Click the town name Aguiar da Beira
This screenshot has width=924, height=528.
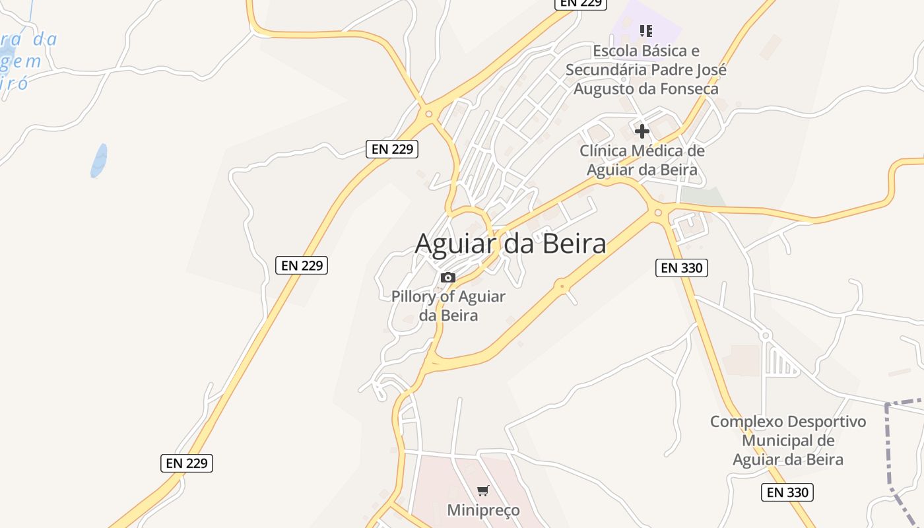(510, 244)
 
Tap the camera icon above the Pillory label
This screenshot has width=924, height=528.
(448, 277)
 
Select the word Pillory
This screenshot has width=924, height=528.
(414, 296)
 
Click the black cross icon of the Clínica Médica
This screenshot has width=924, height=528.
(642, 131)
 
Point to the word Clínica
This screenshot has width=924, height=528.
(603, 151)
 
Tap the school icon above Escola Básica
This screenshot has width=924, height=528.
(646, 30)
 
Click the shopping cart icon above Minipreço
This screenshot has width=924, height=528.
(483, 490)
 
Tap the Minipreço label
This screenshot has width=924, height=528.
(483, 510)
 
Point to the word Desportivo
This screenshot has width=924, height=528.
(827, 422)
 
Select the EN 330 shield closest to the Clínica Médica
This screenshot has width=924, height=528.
(682, 267)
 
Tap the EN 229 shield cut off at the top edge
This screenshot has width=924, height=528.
(579, 3)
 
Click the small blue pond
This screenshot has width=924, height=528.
(99, 160)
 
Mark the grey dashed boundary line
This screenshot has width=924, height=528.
(888, 449)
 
